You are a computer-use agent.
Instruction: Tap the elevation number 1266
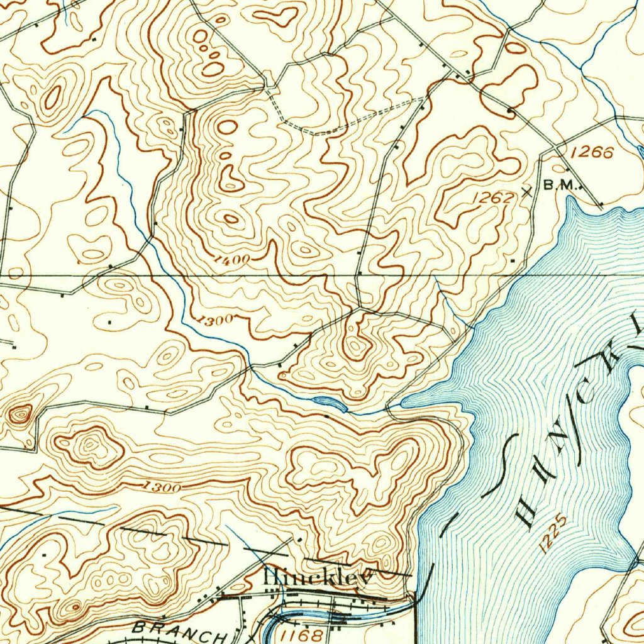point(592,152)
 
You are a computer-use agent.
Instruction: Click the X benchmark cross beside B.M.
point(527,192)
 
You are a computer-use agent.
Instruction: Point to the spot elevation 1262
point(493,198)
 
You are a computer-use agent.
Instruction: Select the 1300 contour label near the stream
point(214,320)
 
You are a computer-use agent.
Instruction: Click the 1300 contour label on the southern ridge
point(162,486)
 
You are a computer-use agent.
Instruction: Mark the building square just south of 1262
point(513,259)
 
